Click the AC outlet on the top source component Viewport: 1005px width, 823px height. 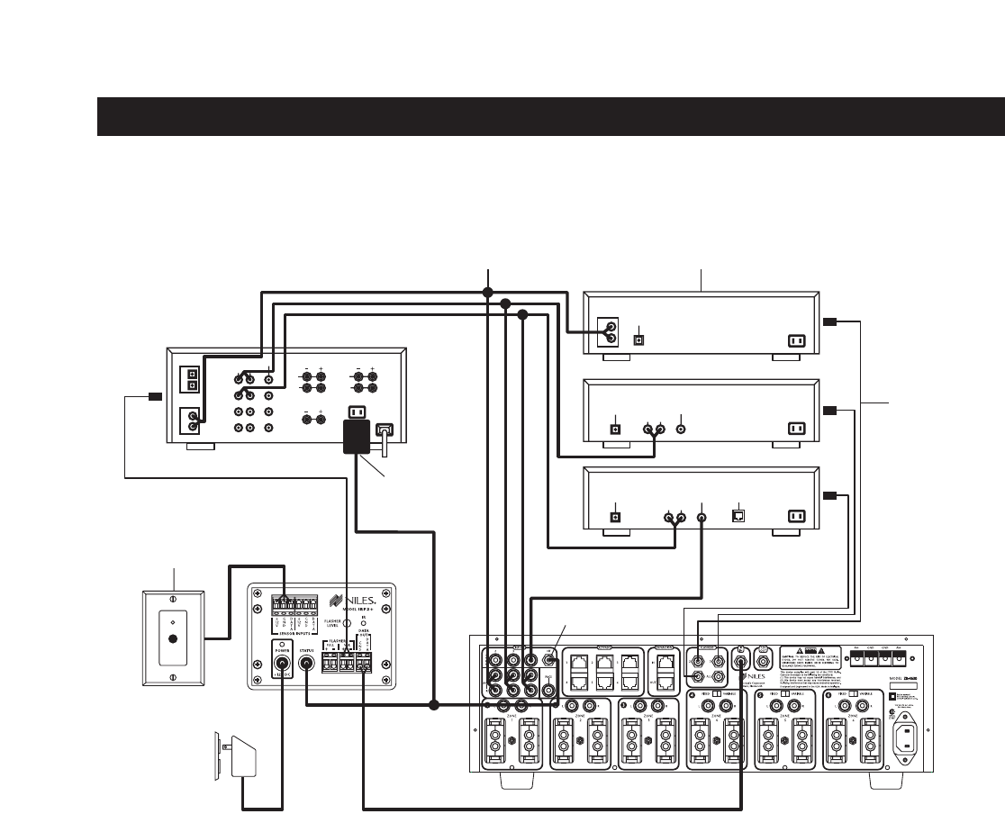[x=797, y=340]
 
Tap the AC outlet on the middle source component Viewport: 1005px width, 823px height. [x=797, y=429]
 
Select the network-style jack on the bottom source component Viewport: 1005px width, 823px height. [x=738, y=517]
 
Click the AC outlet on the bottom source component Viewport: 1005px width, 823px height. [x=797, y=517]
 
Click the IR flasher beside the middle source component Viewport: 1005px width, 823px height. [x=830, y=411]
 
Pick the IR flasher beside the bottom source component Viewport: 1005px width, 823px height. [x=830, y=496]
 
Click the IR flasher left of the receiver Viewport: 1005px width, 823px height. [x=154, y=396]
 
